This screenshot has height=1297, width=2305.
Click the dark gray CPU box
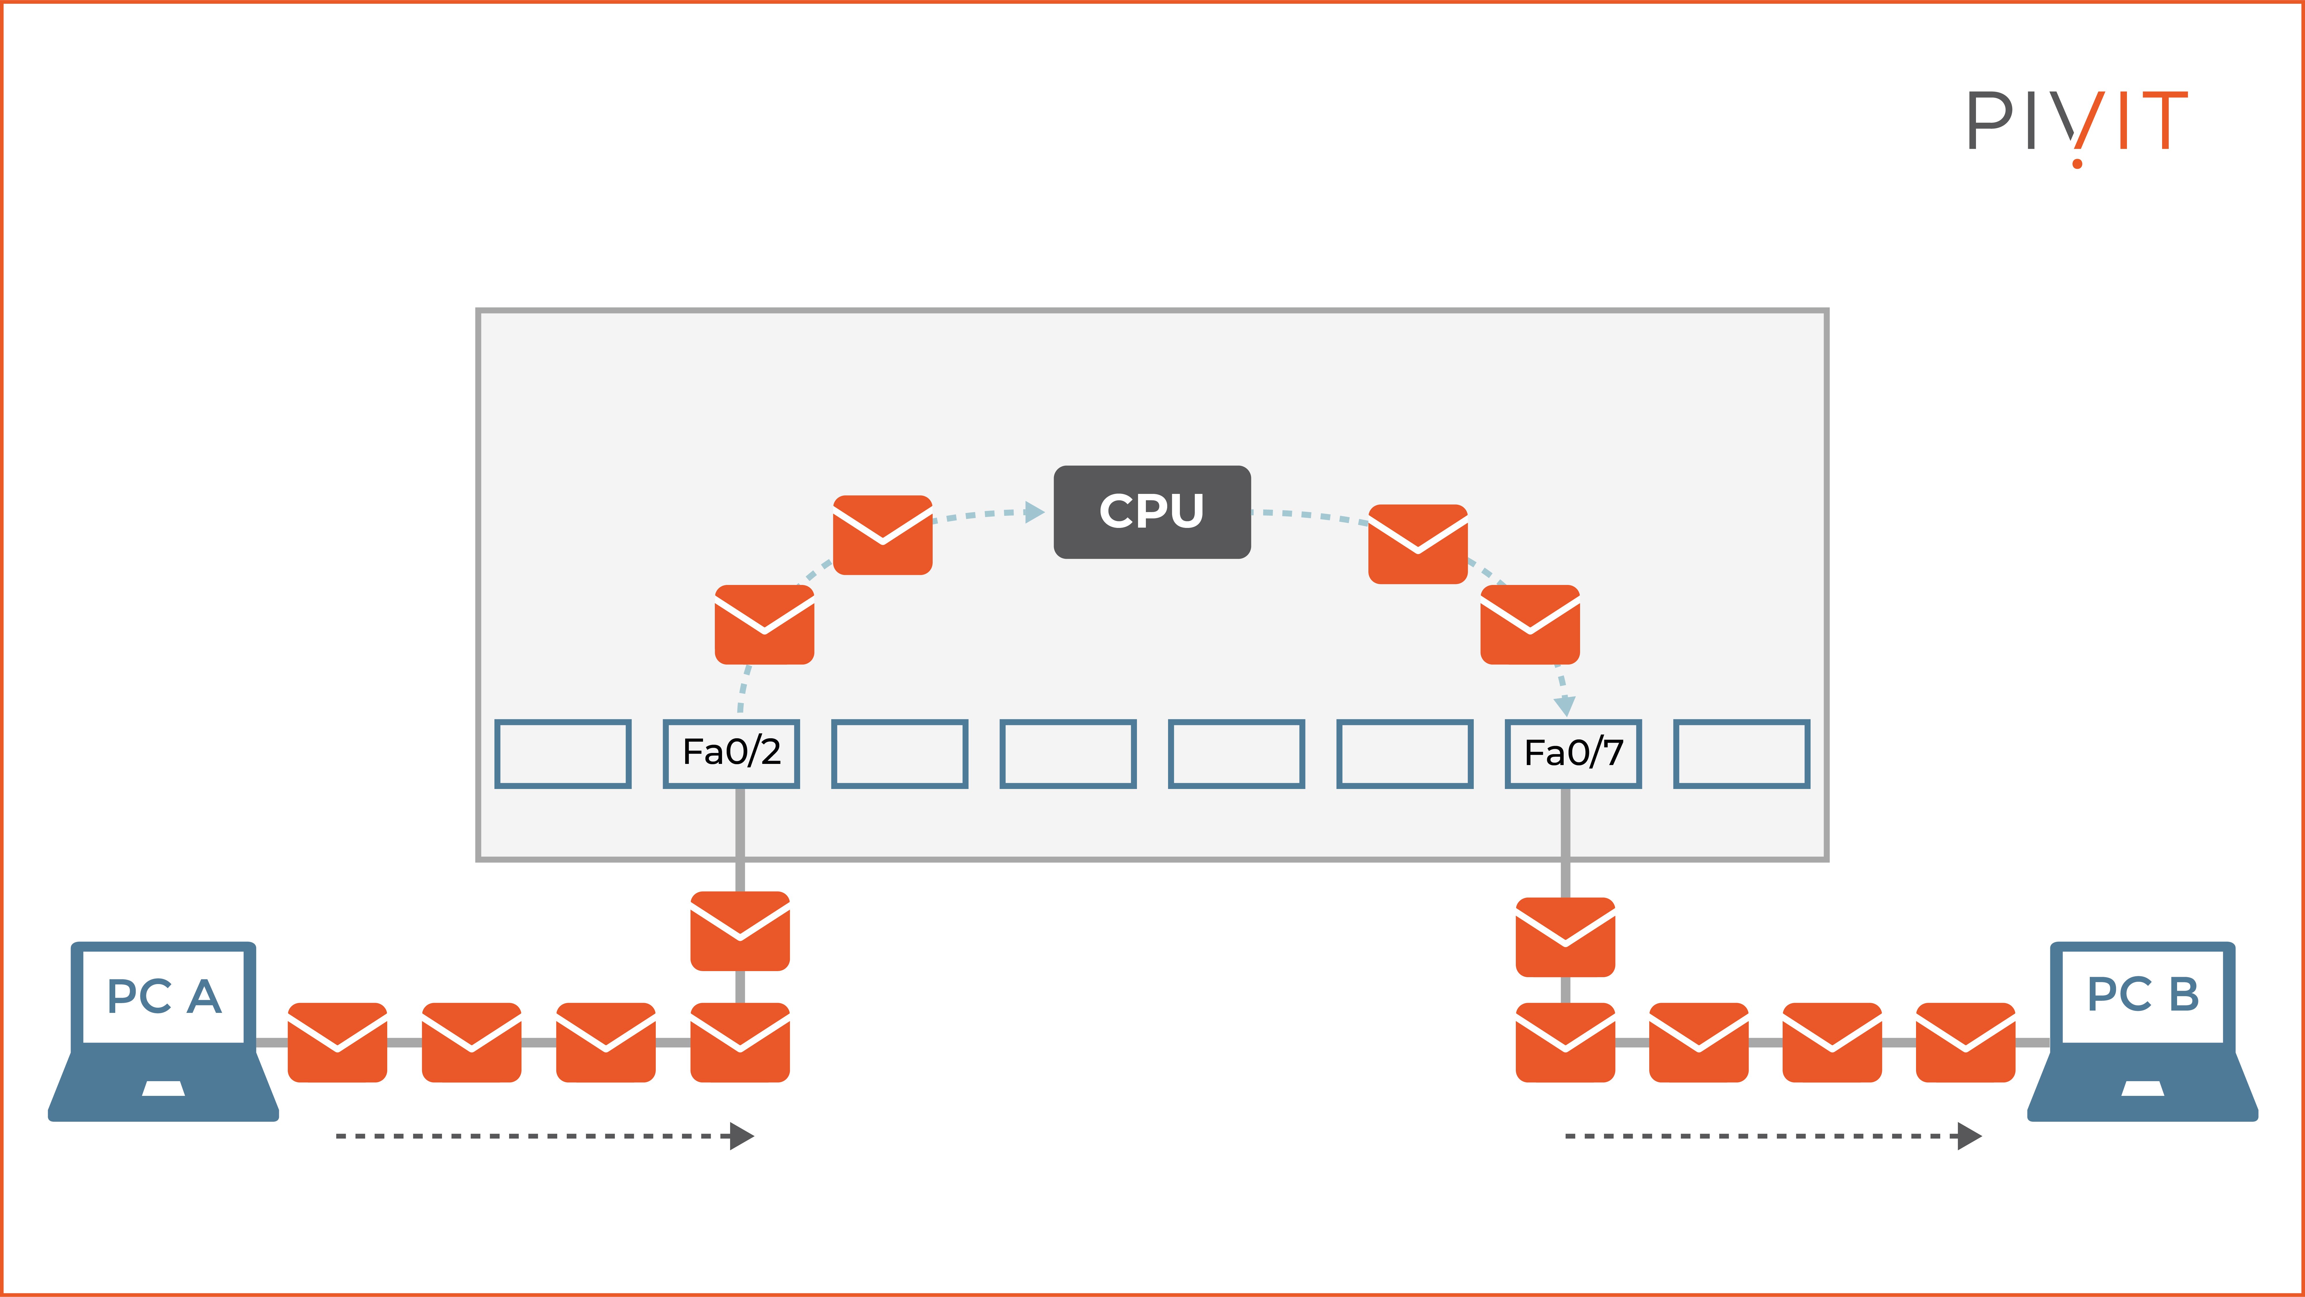pos(1152,512)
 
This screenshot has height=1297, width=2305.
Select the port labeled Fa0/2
pos(731,753)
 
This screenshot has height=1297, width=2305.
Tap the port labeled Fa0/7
pos(1573,753)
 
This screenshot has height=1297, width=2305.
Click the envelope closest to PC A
pos(337,1042)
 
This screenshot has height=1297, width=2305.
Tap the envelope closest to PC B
pos(1965,1042)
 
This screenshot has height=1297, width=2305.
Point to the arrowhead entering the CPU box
pos(1035,512)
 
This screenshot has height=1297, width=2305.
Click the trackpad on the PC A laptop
pos(164,1088)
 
